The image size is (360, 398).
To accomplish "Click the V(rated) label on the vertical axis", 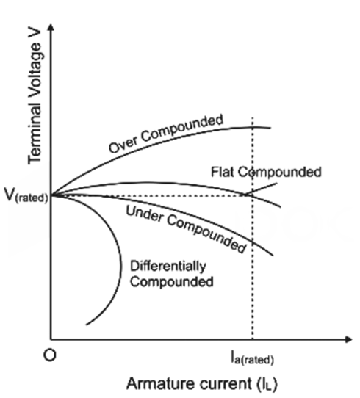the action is (x=26, y=196).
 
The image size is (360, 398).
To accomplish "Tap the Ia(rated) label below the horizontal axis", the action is (x=252, y=358).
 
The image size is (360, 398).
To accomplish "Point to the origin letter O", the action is (x=49, y=355).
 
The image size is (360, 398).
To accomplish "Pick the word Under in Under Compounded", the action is (x=145, y=214).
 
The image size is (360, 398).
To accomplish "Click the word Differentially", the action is (x=168, y=267).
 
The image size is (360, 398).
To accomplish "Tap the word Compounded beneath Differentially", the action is (x=172, y=282).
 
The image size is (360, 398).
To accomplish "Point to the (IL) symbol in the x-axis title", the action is (x=267, y=384).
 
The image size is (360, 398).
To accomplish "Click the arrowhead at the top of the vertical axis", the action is (x=51, y=27).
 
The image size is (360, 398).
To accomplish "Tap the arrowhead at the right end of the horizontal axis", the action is (x=349, y=339).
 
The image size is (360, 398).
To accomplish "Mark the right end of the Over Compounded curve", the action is (x=270, y=128).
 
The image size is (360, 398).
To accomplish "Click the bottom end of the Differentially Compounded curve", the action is (x=86, y=325).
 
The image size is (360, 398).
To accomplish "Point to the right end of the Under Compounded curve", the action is (x=273, y=255).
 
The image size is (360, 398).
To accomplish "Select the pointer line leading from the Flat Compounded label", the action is (x=261, y=189).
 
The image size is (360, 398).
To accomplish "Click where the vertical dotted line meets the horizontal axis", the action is (x=253, y=339).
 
